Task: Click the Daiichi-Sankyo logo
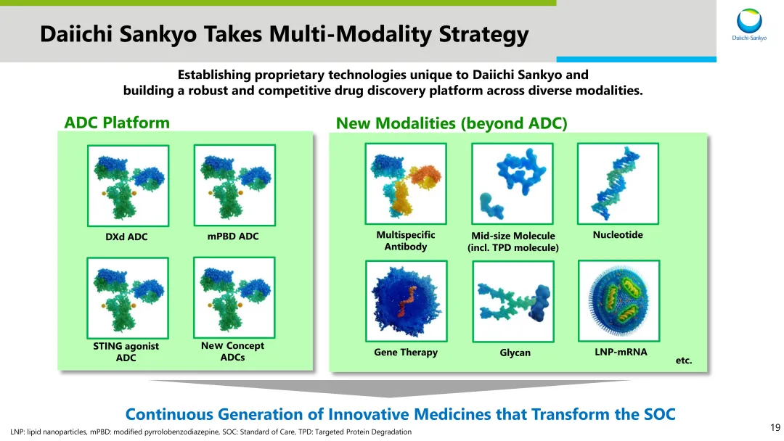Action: (749, 25)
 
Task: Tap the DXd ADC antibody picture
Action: (128, 186)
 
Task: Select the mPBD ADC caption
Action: (233, 236)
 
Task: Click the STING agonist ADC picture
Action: (128, 298)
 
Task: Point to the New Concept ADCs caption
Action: (232, 351)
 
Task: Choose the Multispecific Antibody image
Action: (406, 184)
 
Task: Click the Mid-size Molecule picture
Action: (513, 184)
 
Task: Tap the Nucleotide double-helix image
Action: (618, 184)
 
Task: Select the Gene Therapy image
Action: (406, 301)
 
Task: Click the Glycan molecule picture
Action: (513, 302)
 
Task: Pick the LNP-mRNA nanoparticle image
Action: (619, 301)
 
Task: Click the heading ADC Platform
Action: (117, 123)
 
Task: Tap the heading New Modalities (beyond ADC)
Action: (452, 123)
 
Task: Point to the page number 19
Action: (775, 427)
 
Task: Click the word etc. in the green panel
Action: (684, 360)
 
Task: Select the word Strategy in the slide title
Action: (483, 34)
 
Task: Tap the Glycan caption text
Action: (515, 353)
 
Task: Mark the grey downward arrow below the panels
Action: (388, 388)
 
